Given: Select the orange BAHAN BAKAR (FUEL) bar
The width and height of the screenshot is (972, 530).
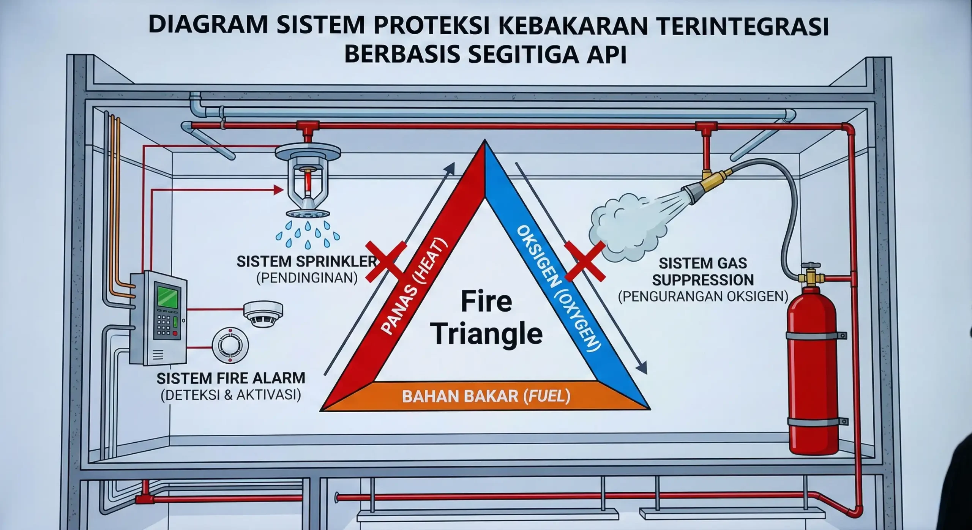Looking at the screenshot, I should point(486,397).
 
